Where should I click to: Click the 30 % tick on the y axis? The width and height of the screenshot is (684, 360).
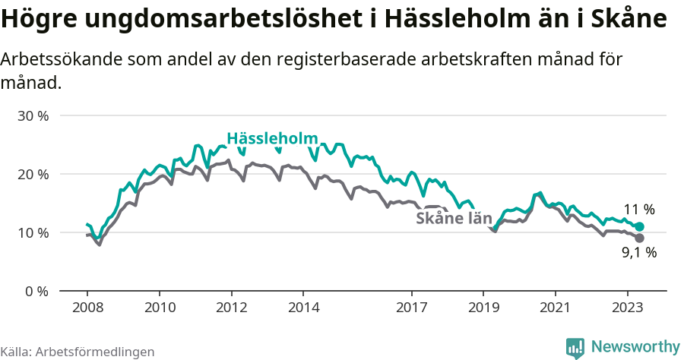tap(34, 116)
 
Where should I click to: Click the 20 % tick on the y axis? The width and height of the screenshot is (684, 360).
tap(34, 174)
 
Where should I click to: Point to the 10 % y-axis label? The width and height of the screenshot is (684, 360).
tap(34, 232)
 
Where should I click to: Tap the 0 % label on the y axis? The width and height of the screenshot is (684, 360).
tap(37, 291)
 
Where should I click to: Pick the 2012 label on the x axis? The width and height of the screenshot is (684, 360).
tap(231, 308)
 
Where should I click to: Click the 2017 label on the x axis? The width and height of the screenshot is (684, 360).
tap(411, 308)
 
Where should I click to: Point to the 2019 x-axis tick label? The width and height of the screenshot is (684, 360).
tap(483, 308)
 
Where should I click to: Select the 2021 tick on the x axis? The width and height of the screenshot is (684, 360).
tap(555, 308)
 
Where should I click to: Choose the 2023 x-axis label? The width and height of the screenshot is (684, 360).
tap(627, 308)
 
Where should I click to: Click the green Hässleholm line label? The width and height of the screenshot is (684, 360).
tap(272, 138)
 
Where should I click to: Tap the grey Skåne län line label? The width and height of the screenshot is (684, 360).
tap(454, 219)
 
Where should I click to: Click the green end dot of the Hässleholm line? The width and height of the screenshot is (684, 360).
tap(639, 227)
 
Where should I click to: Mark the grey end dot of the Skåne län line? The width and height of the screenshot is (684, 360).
tap(639, 238)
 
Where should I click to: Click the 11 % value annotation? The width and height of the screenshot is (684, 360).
tap(638, 210)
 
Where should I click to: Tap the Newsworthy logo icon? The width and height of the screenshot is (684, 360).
tap(575, 347)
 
